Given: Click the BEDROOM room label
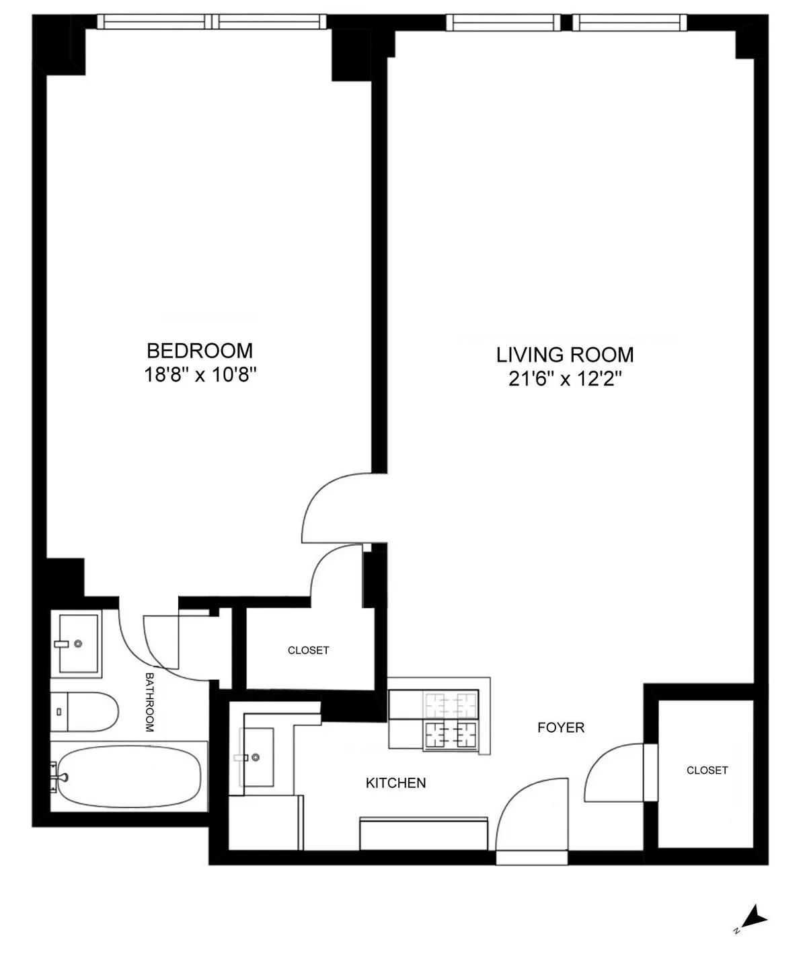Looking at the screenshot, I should [200, 351].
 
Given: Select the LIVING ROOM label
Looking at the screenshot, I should [565, 355].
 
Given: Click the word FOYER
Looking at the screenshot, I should [561, 727].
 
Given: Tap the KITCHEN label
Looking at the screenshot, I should [395, 783].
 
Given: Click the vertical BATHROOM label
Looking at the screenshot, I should [149, 702].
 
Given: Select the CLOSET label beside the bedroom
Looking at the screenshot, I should [308, 650].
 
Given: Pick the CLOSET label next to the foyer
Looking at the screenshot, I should [707, 770].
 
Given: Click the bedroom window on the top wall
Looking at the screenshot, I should [213, 22].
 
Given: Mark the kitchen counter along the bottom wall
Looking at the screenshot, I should [424, 834].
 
